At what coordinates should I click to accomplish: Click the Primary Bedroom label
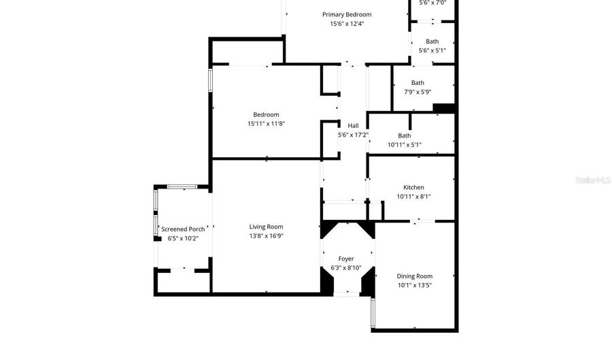click(x=347, y=14)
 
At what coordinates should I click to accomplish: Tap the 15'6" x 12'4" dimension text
click(x=347, y=23)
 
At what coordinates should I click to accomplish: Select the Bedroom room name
click(x=266, y=114)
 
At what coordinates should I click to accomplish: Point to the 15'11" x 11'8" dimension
click(x=266, y=124)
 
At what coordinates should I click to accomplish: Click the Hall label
click(x=353, y=125)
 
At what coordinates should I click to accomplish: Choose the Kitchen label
click(x=413, y=187)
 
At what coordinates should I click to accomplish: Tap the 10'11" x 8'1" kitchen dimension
click(x=413, y=197)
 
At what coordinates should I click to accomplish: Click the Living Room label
click(x=266, y=227)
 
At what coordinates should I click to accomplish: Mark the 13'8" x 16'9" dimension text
click(x=266, y=236)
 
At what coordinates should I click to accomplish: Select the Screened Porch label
click(x=183, y=229)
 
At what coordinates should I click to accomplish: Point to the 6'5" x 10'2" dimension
click(x=183, y=238)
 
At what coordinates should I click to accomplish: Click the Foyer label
click(x=346, y=259)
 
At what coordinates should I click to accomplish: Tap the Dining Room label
click(x=415, y=276)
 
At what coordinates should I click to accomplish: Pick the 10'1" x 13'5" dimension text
click(x=415, y=285)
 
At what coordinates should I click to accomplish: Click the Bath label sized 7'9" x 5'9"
click(x=418, y=83)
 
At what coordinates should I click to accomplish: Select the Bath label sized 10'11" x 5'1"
click(x=405, y=135)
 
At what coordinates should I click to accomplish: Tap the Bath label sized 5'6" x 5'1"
click(x=432, y=42)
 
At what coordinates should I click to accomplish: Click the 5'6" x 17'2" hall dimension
click(x=353, y=135)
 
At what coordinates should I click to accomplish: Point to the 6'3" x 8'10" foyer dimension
click(x=346, y=268)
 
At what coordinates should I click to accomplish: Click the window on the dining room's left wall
click(x=373, y=313)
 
